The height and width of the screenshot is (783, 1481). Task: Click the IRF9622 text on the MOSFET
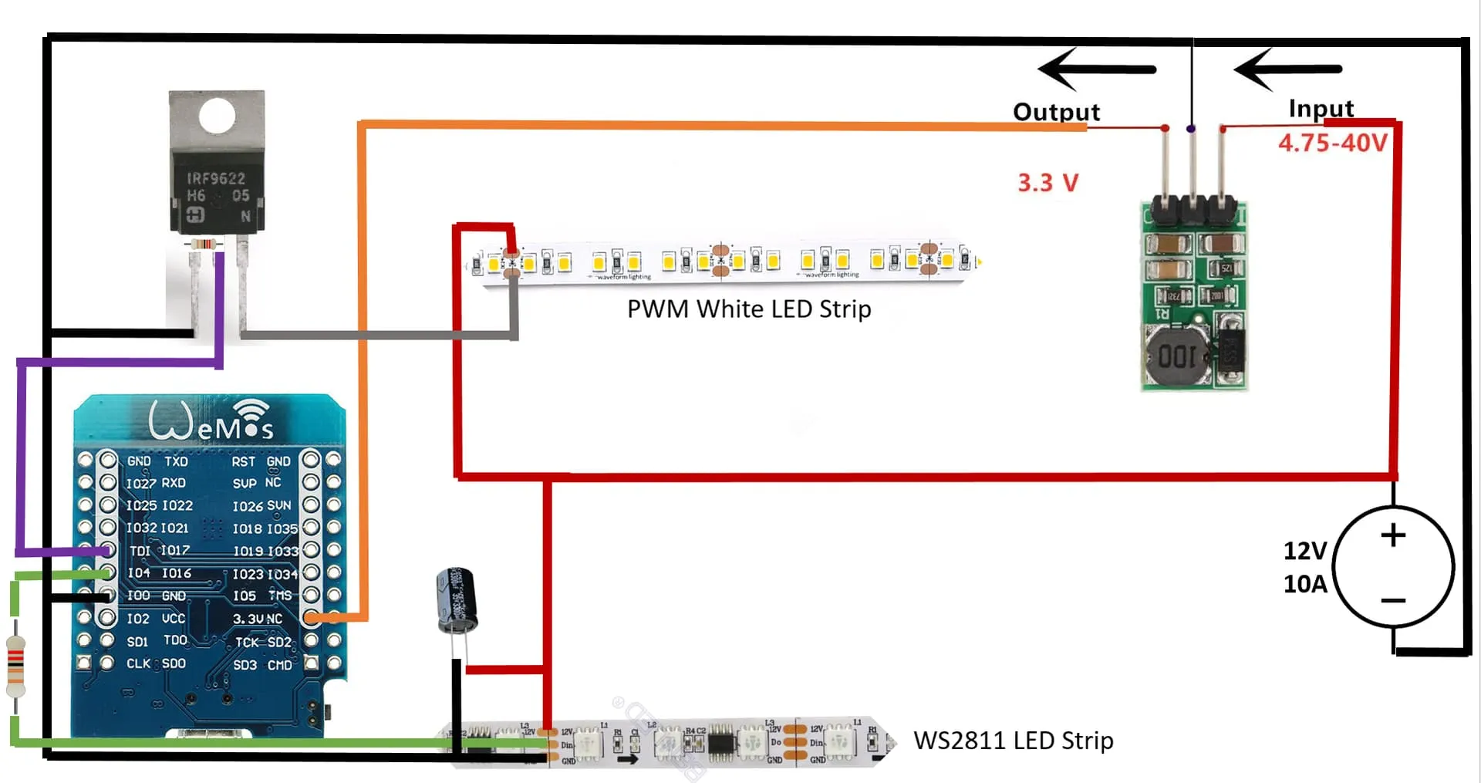216,179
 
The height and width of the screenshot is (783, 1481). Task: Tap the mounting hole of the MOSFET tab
217,116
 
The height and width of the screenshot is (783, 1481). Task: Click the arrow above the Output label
1096,69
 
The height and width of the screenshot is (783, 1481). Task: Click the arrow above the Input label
1287,69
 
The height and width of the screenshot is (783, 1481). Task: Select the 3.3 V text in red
1047,183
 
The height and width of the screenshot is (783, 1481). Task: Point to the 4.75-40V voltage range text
1332,143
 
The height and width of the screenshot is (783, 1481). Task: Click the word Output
1056,112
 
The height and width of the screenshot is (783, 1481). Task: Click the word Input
1321,109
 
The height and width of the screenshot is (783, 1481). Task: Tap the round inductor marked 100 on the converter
1176,356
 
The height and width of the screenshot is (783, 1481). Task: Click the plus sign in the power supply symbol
1393,535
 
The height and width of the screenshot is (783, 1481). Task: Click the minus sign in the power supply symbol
1393,600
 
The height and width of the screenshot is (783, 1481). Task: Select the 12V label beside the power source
1304,551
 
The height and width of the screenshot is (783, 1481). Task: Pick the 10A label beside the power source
1304,584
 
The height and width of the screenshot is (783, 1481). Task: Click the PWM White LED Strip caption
748,309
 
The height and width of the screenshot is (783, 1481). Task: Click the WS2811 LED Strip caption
1013,741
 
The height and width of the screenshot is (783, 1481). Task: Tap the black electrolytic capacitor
456,600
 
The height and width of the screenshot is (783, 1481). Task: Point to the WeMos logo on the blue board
211,421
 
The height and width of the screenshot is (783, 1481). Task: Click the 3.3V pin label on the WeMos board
248,619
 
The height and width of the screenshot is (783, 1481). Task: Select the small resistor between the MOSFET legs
204,245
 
